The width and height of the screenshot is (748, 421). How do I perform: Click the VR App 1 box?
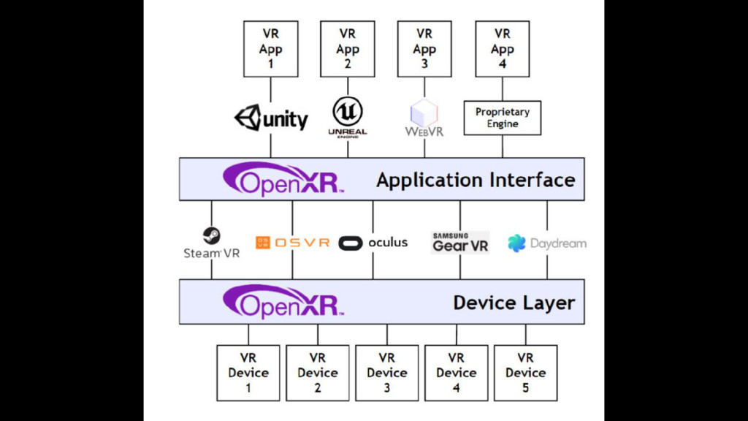tap(270, 49)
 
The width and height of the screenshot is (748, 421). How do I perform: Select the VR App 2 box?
tap(348, 49)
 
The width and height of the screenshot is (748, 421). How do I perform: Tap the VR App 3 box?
tap(424, 49)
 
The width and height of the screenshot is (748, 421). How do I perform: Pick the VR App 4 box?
tap(502, 49)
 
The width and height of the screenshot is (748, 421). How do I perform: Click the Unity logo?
tap(271, 118)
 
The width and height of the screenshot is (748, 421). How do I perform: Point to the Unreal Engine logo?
tap(348, 118)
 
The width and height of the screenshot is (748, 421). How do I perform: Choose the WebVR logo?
tap(424, 119)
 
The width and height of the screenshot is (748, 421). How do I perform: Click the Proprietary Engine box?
tap(503, 118)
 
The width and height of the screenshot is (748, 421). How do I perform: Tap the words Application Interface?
tap(476, 180)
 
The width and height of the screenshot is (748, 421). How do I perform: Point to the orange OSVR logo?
tap(292, 243)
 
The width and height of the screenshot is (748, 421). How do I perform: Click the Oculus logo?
tap(373, 243)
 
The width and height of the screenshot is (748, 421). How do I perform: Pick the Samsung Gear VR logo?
tap(460, 243)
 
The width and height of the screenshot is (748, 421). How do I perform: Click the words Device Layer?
tap(514, 303)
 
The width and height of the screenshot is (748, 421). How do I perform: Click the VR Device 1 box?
tap(248, 373)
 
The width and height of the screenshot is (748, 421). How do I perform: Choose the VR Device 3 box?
tap(387, 373)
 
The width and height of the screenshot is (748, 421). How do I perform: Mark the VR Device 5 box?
tap(525, 373)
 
